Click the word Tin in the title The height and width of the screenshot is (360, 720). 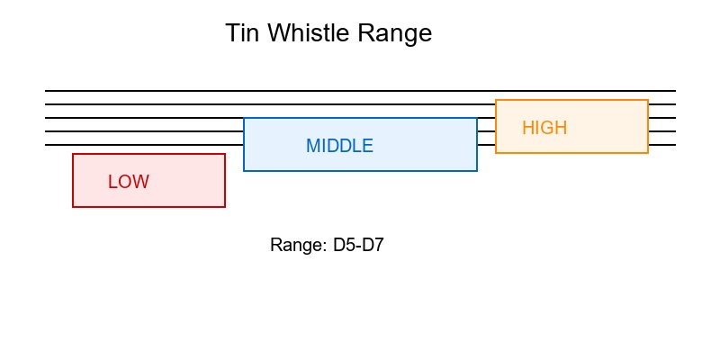tap(240, 33)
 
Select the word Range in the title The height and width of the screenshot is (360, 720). tap(396, 33)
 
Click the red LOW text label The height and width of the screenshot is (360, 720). tap(129, 182)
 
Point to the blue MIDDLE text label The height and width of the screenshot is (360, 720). tap(339, 146)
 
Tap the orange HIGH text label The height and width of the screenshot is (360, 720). tap(544, 128)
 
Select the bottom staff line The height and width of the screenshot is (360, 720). tap(144, 145)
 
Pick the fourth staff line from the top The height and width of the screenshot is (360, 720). tap(144, 131)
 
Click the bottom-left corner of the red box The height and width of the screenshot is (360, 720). tap(73, 207)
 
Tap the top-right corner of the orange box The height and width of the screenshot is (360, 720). tap(648, 100)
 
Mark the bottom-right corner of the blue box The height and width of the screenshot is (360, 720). tap(477, 171)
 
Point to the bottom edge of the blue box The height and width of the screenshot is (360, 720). tap(360, 171)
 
